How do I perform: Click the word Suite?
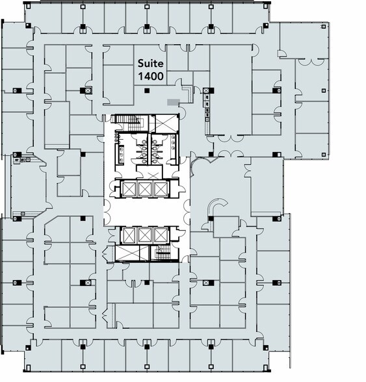(x=151, y=64)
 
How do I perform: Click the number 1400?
(x=150, y=76)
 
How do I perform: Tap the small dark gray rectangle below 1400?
(x=172, y=101)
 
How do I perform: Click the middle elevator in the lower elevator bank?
(x=145, y=235)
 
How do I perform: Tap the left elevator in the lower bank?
(x=128, y=235)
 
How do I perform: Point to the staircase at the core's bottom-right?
(x=162, y=253)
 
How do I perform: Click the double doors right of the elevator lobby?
(x=186, y=212)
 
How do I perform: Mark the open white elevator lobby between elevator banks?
(x=145, y=212)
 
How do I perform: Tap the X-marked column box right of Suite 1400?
(x=207, y=90)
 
